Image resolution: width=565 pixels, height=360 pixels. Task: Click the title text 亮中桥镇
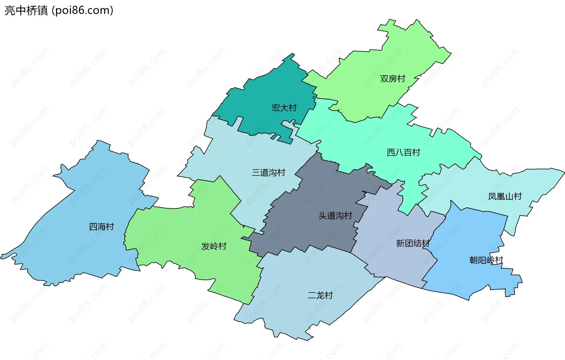click(x=26, y=11)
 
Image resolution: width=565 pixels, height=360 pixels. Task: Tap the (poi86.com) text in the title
click(x=83, y=11)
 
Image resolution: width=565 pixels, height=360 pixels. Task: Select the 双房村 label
click(x=393, y=79)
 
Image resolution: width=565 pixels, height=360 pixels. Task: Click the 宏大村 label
click(x=284, y=108)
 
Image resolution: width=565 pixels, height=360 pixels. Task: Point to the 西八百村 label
click(x=403, y=153)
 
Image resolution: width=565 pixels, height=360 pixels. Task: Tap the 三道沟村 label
click(x=268, y=173)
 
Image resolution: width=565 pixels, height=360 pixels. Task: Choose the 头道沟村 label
click(x=335, y=216)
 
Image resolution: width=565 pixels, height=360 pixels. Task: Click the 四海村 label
click(x=101, y=227)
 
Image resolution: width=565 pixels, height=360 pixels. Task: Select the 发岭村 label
click(x=214, y=246)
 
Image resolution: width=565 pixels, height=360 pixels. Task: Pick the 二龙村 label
click(x=320, y=295)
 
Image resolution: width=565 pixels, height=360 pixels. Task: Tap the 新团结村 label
click(x=413, y=244)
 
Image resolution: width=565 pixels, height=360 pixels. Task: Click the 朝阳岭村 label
click(x=486, y=261)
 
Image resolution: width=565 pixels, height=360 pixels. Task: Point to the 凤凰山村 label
click(x=505, y=196)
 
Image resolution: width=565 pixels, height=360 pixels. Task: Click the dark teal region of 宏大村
click(x=265, y=94)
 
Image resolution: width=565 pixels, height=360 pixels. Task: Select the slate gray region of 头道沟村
click(x=309, y=232)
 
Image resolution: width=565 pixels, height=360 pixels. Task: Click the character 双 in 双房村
click(x=384, y=79)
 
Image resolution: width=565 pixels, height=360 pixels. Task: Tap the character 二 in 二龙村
click(x=312, y=295)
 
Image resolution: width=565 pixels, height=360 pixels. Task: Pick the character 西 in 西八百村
click(x=391, y=153)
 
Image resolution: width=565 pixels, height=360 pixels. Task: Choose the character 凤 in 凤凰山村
click(x=492, y=196)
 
